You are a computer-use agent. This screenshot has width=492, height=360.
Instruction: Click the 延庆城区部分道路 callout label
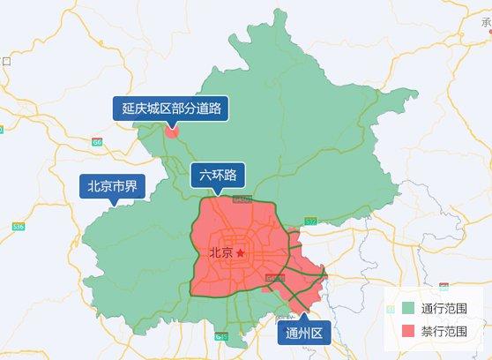(x=171, y=109)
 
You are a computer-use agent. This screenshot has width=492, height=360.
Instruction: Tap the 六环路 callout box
(x=218, y=175)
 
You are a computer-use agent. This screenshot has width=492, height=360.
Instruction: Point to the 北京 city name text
(x=221, y=253)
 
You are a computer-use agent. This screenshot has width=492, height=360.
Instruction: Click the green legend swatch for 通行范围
(x=406, y=309)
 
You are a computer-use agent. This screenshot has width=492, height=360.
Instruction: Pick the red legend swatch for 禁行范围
(x=406, y=332)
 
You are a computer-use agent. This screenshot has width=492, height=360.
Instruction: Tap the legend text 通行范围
(x=444, y=309)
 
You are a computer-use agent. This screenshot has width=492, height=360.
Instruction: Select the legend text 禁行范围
(x=444, y=332)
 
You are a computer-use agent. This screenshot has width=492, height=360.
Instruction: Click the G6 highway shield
(x=97, y=141)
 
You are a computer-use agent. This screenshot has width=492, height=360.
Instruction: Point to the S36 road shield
(x=19, y=227)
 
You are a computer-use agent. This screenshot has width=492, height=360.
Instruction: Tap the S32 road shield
(x=310, y=221)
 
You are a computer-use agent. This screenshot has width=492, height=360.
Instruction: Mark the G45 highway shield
(x=220, y=336)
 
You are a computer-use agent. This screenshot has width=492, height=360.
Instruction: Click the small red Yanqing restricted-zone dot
(x=172, y=133)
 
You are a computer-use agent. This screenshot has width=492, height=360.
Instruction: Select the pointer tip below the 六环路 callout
(x=216, y=192)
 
